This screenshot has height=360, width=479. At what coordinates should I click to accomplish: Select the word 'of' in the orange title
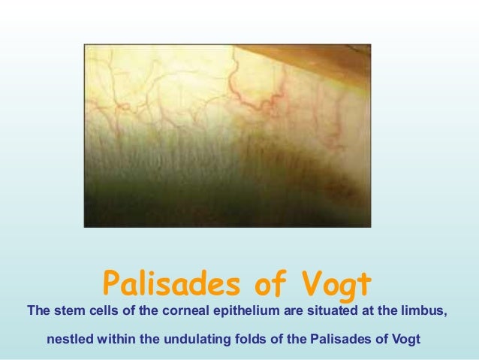262,285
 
